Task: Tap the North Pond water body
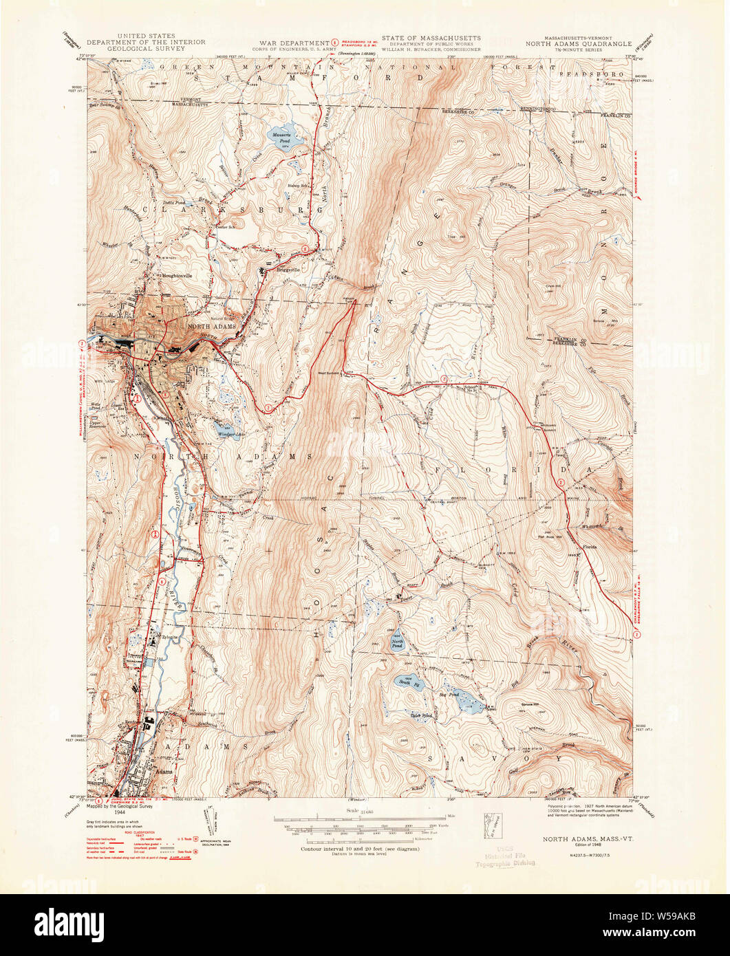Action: (397, 645)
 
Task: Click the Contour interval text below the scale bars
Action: (360, 849)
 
